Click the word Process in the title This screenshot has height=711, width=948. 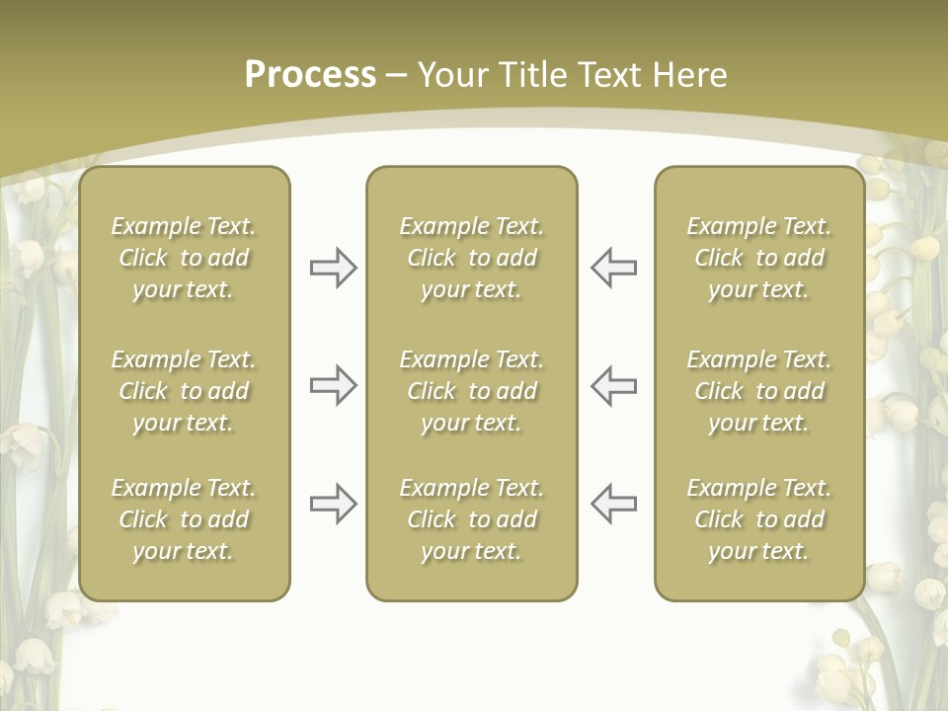[310, 75]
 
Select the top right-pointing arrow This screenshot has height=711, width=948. [333, 268]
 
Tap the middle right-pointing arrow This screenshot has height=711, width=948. [333, 385]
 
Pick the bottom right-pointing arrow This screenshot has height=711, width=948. [333, 504]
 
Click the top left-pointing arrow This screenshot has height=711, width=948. [613, 268]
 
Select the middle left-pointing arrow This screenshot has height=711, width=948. [613, 385]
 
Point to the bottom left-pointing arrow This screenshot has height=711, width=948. [613, 504]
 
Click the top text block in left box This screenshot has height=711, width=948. [184, 258]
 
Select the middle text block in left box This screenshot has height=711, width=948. [184, 391]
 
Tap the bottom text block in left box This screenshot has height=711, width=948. [184, 519]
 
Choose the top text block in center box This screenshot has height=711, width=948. [471, 258]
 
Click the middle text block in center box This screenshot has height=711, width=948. [471, 391]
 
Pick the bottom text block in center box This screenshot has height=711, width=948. [471, 519]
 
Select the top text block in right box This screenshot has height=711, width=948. [758, 258]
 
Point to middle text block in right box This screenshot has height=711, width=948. [758, 391]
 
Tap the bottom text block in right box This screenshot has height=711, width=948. [758, 519]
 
